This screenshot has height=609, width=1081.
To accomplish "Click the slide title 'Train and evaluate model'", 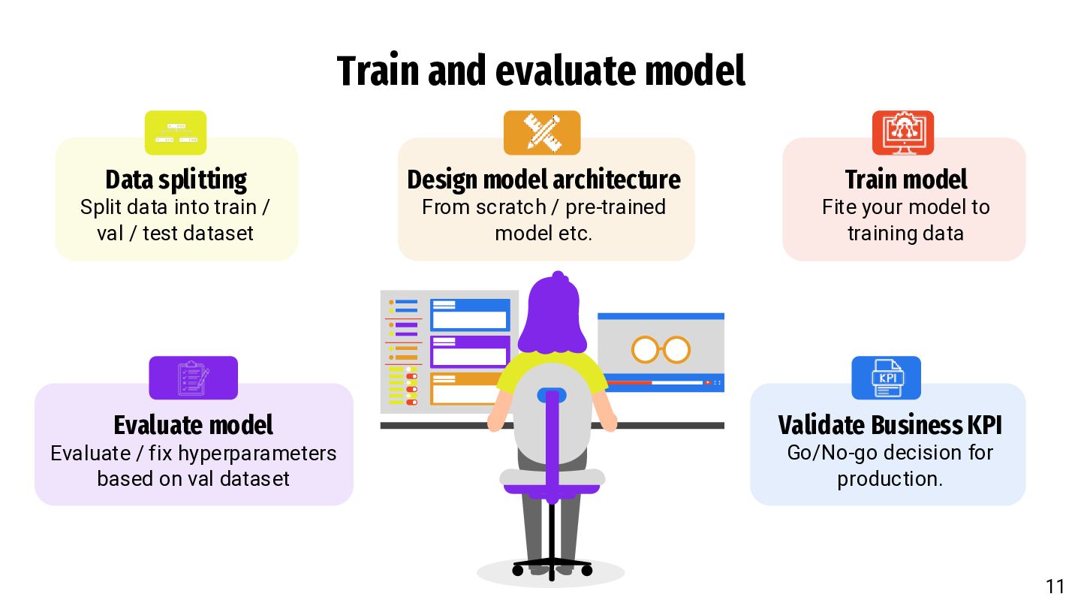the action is click(541, 71).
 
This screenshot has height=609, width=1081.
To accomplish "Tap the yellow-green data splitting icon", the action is click(176, 133).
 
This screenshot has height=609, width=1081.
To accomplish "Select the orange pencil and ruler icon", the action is click(542, 133).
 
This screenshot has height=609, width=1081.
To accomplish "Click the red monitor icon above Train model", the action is click(903, 133).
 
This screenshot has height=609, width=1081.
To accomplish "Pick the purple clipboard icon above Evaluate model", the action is click(193, 378).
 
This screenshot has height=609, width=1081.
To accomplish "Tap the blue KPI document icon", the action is click(886, 378).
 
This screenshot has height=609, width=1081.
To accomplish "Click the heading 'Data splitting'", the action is click(176, 180).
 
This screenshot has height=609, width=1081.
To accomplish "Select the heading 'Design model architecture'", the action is click(544, 180).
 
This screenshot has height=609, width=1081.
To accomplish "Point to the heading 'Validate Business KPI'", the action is click(890, 425).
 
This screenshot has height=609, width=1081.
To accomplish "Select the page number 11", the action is click(1055, 586).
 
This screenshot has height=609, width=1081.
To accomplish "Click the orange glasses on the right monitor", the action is click(661, 349).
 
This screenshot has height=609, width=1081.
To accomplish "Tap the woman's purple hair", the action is click(553, 314).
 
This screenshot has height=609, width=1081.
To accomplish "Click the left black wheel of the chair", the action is click(518, 571).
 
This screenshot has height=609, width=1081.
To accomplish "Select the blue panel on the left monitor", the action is click(470, 315).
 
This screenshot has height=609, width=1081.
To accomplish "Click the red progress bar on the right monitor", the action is click(629, 383).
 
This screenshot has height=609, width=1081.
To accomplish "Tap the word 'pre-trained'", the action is click(616, 207).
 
